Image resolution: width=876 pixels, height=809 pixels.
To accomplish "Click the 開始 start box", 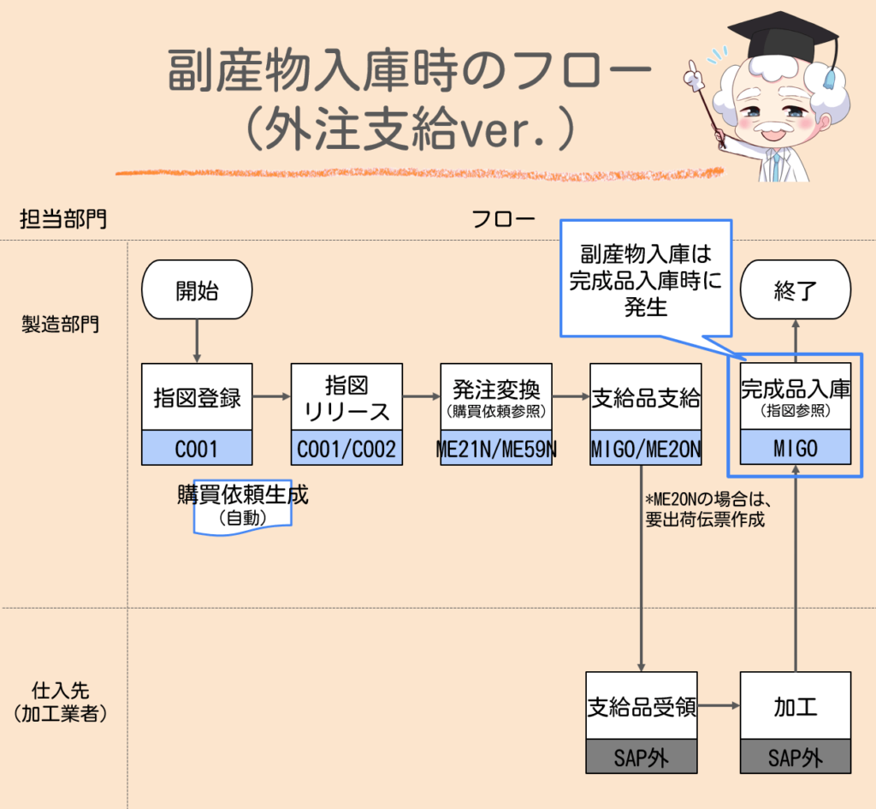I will click(x=197, y=290).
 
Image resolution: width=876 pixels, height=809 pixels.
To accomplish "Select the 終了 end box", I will click(x=796, y=290).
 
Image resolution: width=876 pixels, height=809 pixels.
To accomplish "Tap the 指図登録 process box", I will click(x=197, y=396).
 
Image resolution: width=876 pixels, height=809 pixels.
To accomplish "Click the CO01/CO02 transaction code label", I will click(x=346, y=448).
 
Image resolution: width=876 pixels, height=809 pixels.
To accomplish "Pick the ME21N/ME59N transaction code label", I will click(x=496, y=448).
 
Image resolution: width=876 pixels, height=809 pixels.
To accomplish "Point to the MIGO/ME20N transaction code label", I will click(x=646, y=448).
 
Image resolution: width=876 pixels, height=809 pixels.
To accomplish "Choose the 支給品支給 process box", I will click(x=646, y=396).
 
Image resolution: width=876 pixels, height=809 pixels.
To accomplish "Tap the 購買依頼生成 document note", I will click(x=243, y=505).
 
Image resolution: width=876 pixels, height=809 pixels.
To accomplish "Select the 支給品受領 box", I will click(x=642, y=705).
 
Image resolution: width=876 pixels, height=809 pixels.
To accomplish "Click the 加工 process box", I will click(x=796, y=705).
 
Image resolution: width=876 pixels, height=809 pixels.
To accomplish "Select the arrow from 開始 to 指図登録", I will click(x=198, y=341).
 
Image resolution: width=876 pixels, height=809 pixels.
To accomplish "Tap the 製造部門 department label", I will click(x=60, y=324).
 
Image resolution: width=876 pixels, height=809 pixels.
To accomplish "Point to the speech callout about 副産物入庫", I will click(x=646, y=278).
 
